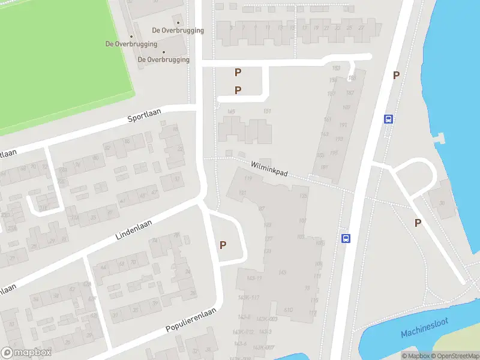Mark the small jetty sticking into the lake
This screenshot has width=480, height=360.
(x=442, y=139)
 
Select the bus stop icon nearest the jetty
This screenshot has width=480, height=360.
(x=389, y=119)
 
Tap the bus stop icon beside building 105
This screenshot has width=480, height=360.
(x=346, y=238)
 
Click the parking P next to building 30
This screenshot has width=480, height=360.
(x=418, y=223)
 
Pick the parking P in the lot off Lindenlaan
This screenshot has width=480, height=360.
(x=223, y=245)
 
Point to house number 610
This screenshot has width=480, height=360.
(x=288, y=310)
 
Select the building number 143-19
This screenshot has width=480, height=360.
(x=253, y=278)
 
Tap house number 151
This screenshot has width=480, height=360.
(x=267, y=111)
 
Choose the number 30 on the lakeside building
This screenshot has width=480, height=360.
(x=443, y=203)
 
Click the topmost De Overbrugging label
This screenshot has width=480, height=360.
(x=178, y=30)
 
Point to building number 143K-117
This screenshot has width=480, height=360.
(x=247, y=298)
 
